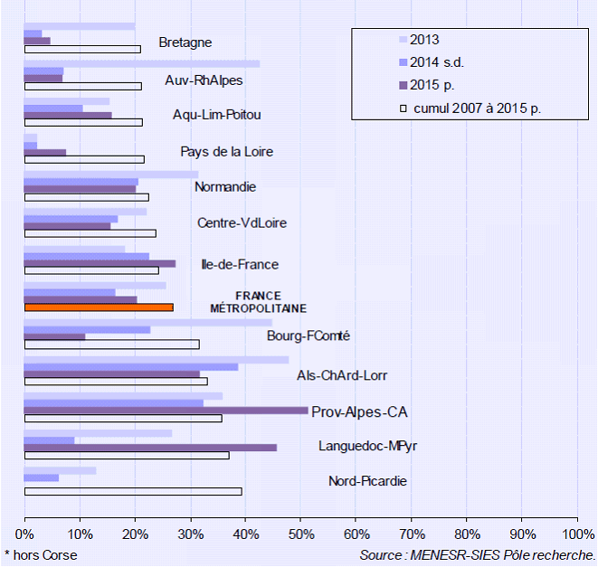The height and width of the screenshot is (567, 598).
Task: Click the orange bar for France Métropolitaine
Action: point(99,307)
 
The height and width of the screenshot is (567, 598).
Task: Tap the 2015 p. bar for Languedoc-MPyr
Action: point(150,448)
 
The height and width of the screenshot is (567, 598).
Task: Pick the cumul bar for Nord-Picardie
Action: point(133,491)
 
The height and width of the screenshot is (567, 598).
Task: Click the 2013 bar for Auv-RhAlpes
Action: point(141,63)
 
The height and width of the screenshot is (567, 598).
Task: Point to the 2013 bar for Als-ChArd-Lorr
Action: point(156,359)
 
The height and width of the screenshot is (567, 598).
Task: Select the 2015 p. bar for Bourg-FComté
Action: point(54,336)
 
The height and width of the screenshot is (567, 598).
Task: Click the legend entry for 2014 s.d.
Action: point(436,62)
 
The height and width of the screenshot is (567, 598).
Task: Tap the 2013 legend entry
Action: point(423,39)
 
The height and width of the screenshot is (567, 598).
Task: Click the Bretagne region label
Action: point(185,43)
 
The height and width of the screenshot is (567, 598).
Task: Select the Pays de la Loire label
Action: point(226,152)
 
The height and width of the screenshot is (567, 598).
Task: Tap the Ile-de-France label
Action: point(240,264)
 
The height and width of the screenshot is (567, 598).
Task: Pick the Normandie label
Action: point(225,187)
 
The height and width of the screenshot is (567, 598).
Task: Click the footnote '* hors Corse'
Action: point(41,554)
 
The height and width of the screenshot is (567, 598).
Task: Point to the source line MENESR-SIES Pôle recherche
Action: point(478,554)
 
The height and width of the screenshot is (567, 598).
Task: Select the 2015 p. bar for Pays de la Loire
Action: point(45,153)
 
